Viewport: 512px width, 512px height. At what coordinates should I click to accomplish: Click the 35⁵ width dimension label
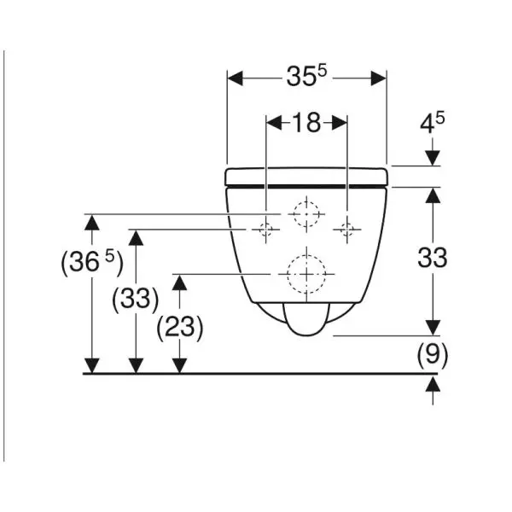click(306, 76)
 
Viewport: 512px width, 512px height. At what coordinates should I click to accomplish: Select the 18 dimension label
click(306, 123)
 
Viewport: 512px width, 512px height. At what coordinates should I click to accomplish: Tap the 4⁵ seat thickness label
click(432, 123)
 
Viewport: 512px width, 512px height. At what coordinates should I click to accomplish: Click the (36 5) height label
click(92, 261)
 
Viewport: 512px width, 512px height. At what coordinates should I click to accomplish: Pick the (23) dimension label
click(180, 327)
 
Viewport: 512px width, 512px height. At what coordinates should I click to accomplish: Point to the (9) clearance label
click(433, 354)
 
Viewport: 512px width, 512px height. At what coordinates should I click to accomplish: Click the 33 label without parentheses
click(433, 258)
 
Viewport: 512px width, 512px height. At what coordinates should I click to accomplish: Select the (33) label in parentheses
click(136, 299)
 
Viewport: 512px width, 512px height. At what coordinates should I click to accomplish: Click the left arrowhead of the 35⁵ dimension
click(236, 79)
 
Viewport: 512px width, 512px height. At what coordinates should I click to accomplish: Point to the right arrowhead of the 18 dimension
click(340, 123)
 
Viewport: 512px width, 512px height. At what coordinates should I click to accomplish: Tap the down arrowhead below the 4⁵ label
click(433, 158)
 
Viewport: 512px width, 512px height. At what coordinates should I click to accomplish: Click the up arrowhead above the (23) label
click(179, 282)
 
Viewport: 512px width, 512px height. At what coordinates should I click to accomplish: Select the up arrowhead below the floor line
click(433, 383)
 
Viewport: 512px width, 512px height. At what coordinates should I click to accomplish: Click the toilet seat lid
click(306, 177)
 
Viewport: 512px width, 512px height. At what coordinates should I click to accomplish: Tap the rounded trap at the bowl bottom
click(307, 319)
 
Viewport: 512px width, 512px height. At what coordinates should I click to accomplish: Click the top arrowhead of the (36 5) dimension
click(92, 223)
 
